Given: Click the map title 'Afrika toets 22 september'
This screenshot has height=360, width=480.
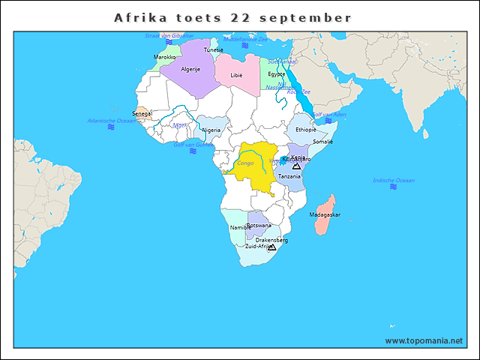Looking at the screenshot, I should [232, 17].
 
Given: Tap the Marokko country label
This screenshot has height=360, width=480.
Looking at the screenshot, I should [164, 57].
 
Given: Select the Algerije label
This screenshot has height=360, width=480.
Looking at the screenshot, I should [190, 68].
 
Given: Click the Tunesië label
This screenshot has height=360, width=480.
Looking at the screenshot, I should [214, 50].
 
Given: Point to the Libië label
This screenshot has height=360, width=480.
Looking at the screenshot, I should [236, 76].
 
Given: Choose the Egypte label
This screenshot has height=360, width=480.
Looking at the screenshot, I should [277, 74].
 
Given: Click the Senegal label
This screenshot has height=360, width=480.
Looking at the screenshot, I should [142, 114].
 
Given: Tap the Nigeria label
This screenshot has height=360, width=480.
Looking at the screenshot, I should [211, 130].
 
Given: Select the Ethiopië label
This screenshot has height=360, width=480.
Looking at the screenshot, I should [306, 130].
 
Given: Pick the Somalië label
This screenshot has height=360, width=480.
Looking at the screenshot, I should [322, 141].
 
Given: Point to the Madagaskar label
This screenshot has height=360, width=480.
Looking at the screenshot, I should [325, 214].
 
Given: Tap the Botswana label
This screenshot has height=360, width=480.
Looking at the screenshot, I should [259, 225].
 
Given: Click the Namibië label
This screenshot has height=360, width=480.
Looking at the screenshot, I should [241, 227].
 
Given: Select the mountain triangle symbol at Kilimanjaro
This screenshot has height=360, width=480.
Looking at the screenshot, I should [296, 166].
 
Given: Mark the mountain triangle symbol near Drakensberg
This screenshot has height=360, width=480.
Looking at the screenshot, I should [271, 247].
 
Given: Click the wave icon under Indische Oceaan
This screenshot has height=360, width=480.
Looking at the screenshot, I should [394, 187].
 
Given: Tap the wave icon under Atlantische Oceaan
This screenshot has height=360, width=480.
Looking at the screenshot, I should [111, 127].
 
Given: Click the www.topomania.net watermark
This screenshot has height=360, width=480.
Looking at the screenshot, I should [424, 340].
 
